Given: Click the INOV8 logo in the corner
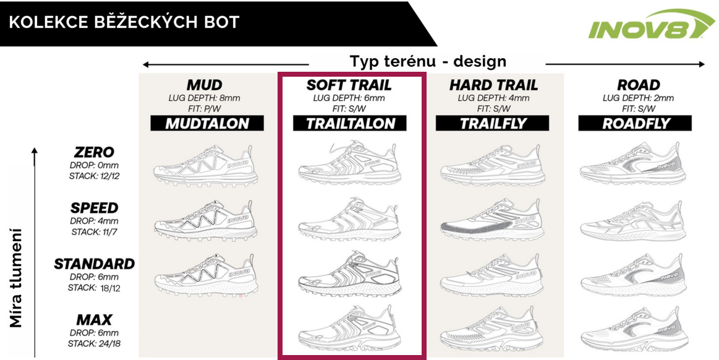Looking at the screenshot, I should tap(650, 25).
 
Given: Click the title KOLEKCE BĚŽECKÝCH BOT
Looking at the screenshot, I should tap(124, 23).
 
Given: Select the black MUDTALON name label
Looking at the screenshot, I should tap(207, 123).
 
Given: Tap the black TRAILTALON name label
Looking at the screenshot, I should tap(350, 123).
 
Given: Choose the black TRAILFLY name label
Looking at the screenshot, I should tap(493, 123).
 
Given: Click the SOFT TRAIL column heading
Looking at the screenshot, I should tap(349, 85).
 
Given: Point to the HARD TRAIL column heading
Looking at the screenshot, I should tap(493, 85).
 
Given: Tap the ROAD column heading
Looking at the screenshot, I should tap(639, 85).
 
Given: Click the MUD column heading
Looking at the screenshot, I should tap(204, 85).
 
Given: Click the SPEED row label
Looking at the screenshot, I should tap(94, 208).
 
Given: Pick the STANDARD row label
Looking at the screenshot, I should tap(94, 264).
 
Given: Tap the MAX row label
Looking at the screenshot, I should tap(94, 320).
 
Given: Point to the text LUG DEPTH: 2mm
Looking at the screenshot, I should tap(638, 98).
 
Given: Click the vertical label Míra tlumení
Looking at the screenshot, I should tap(17, 278).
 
